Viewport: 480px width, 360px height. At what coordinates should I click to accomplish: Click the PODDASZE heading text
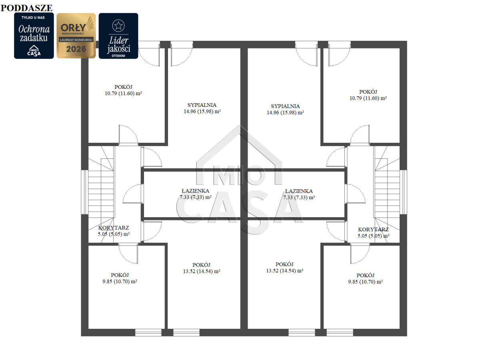(26, 8)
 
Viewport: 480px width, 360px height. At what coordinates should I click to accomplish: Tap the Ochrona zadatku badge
(34, 36)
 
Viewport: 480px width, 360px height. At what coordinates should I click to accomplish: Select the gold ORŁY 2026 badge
(76, 36)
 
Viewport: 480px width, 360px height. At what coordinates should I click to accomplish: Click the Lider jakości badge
(118, 36)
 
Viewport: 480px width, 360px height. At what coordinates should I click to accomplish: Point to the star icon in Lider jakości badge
(118, 26)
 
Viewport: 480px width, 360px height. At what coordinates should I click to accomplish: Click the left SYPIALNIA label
(202, 105)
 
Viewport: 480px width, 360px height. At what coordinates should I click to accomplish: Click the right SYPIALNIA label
(285, 106)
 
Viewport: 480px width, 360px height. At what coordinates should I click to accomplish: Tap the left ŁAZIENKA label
(195, 191)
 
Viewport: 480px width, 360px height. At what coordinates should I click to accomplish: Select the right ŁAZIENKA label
(299, 191)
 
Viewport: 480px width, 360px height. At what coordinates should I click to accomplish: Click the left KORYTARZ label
(114, 228)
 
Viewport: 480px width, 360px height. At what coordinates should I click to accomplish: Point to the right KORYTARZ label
(373, 230)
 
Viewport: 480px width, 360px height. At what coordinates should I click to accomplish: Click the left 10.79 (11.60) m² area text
(123, 93)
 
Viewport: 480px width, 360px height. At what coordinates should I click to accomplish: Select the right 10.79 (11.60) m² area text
(368, 98)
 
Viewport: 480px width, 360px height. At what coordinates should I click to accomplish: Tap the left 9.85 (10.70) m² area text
(120, 281)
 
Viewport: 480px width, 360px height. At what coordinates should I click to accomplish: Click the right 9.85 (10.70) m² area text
(366, 282)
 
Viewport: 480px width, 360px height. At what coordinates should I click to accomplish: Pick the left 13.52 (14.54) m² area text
(202, 271)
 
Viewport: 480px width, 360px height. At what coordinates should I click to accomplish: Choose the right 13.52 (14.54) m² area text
(285, 271)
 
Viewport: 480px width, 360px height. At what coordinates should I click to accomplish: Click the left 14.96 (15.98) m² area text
(202, 111)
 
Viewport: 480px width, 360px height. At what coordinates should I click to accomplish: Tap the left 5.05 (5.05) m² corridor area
(114, 234)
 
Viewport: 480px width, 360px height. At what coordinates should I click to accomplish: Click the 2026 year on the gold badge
(76, 49)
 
